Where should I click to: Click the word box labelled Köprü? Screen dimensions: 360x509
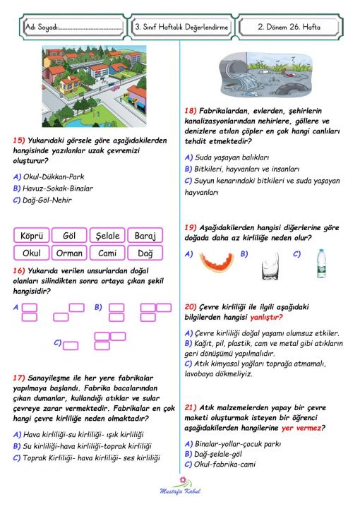click(32, 236)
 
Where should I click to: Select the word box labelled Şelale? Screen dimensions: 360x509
click(107, 236)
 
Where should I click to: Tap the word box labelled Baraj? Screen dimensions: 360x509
click(145, 236)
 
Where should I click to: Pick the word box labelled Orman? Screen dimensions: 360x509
click(69, 253)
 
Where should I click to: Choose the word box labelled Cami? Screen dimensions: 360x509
click(107, 253)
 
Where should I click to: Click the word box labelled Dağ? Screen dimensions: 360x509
click(145, 253)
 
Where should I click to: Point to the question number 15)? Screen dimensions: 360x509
click(20, 140)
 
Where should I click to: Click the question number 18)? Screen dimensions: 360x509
click(191, 110)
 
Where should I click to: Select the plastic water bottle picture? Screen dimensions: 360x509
click(321, 262)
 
